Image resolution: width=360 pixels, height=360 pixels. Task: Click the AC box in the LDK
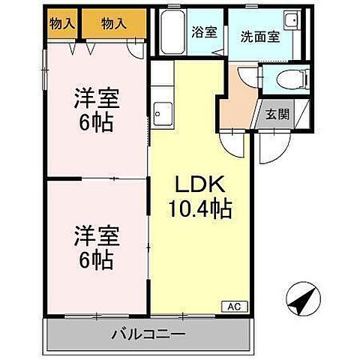pyautogui.click(x=234, y=305)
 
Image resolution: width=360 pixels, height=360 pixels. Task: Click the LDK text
pyautogui.click(x=195, y=184)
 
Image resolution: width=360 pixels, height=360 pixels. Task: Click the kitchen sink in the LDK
pyautogui.click(x=160, y=114)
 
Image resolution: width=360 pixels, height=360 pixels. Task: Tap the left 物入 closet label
pyautogui.click(x=62, y=24)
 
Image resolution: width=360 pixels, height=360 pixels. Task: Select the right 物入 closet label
pyautogui.click(x=112, y=24)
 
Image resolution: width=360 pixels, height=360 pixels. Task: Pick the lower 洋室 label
pyautogui.click(x=96, y=237)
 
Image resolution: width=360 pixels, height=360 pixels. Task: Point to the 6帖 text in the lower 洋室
pyautogui.click(x=97, y=260)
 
